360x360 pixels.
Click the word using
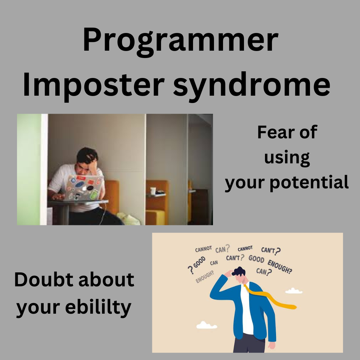[287, 158]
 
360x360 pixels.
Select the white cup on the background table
[153, 191]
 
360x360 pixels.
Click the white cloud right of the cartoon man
[294, 291]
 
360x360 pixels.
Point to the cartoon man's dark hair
[239, 272]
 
